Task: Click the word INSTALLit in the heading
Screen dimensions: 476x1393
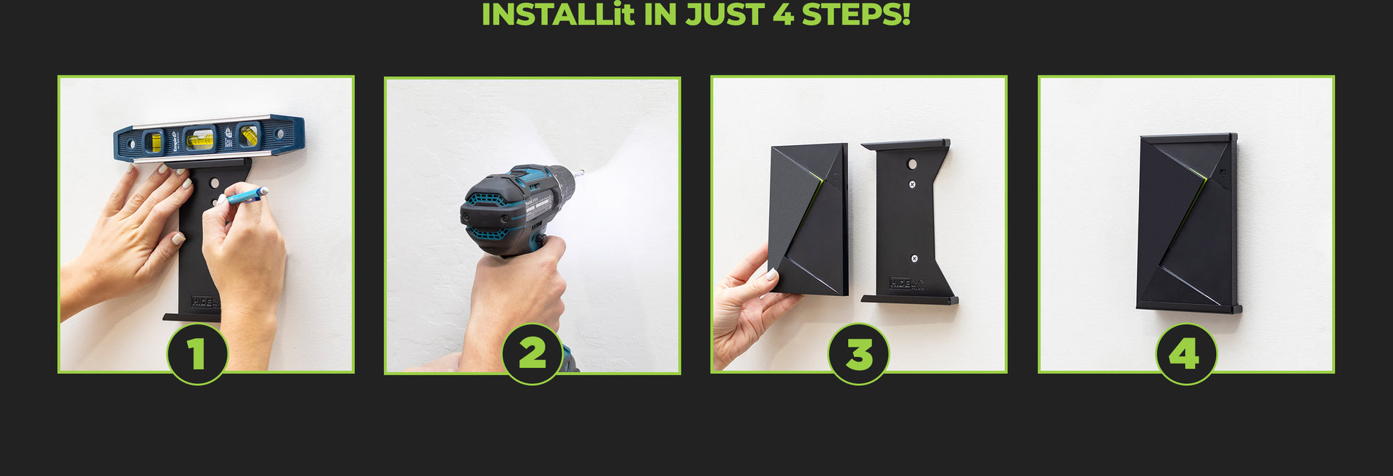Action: coord(557,15)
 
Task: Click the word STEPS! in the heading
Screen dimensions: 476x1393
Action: coord(855,15)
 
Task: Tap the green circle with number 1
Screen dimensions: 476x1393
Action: coord(197,354)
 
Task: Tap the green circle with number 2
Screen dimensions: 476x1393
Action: coord(533,354)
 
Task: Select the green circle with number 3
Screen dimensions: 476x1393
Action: coord(859,354)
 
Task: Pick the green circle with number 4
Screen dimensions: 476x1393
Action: coord(1186,354)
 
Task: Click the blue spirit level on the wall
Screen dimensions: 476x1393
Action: coord(208,138)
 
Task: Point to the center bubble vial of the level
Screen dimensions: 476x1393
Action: coord(200,139)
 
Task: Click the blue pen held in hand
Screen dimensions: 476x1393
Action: coord(244,195)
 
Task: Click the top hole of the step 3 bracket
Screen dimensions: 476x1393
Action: coord(913,165)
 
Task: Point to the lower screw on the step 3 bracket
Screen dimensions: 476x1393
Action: coord(914,258)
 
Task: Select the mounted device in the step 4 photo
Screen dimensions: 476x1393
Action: coord(1186,221)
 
